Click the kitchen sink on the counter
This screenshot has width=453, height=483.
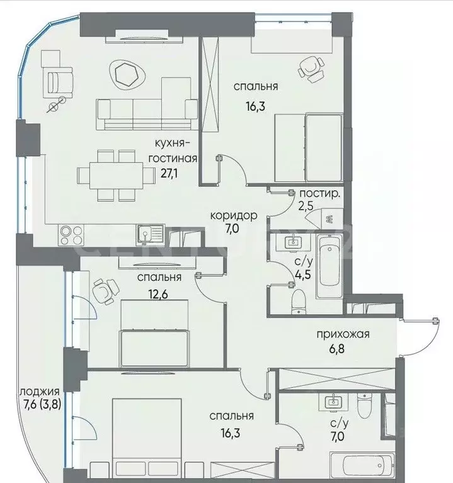tap(150, 234)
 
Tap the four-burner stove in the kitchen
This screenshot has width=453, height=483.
tap(70, 234)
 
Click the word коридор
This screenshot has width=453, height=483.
tap(234, 215)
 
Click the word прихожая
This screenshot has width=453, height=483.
tap(342, 334)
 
